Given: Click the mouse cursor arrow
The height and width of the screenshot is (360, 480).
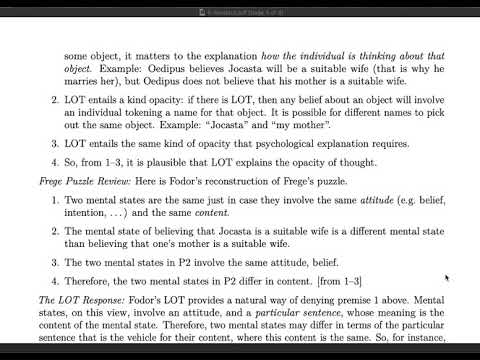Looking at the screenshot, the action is point(446,277).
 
